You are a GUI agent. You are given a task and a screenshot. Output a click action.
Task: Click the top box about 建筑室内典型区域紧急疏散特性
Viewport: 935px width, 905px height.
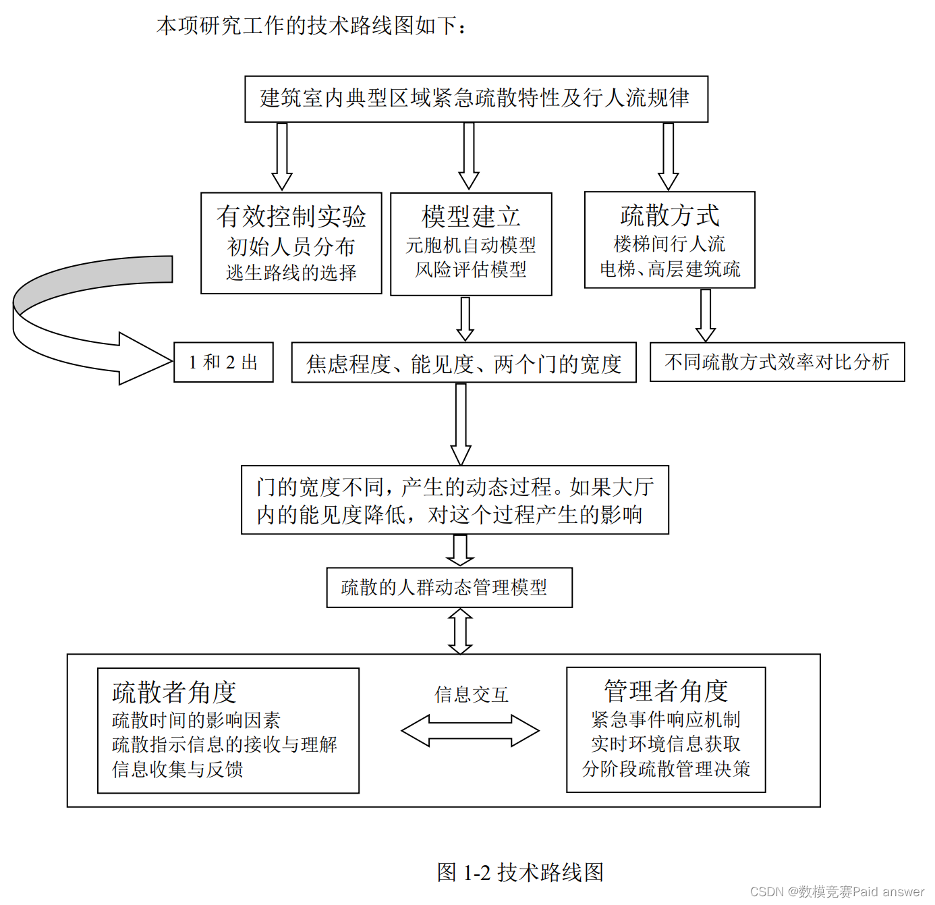(x=476, y=99)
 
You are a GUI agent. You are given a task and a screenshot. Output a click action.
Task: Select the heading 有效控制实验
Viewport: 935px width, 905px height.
(x=291, y=217)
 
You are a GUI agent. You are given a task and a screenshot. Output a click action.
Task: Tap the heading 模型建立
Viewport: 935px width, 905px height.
(x=471, y=217)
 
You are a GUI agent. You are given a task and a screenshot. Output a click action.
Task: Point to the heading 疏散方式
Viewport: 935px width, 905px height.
(x=669, y=216)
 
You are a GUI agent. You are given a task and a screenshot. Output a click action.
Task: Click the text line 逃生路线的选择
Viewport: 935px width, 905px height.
(x=291, y=273)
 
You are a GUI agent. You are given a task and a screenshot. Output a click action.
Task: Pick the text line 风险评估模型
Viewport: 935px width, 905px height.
(x=471, y=270)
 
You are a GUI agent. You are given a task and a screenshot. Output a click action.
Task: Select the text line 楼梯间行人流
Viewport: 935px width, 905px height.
(x=669, y=244)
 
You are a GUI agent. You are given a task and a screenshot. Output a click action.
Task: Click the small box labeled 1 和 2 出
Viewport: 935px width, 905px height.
(x=223, y=362)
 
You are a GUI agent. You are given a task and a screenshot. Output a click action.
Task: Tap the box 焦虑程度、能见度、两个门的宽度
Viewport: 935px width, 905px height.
(x=463, y=364)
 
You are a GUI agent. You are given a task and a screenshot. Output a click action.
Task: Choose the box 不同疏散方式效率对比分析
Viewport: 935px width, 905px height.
(x=776, y=362)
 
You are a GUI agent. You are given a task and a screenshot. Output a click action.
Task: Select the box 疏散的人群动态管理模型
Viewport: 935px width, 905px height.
(x=449, y=588)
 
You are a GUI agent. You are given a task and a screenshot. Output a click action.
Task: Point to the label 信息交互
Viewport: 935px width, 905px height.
(x=471, y=694)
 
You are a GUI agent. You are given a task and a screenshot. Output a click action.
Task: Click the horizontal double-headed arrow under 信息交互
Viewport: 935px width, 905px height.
(x=470, y=731)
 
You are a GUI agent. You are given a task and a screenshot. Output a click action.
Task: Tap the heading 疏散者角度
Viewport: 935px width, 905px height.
(x=174, y=692)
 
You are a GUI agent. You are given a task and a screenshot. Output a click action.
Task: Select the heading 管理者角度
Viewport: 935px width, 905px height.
(x=665, y=691)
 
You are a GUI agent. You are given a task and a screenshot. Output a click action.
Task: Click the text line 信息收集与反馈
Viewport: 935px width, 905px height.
(x=177, y=769)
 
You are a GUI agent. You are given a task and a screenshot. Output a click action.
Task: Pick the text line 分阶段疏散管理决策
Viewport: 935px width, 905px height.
(x=666, y=769)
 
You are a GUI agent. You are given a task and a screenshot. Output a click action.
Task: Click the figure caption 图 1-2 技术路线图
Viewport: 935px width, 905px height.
(x=520, y=872)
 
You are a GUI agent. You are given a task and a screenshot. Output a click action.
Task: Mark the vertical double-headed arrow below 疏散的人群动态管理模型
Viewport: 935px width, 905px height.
(x=460, y=631)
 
